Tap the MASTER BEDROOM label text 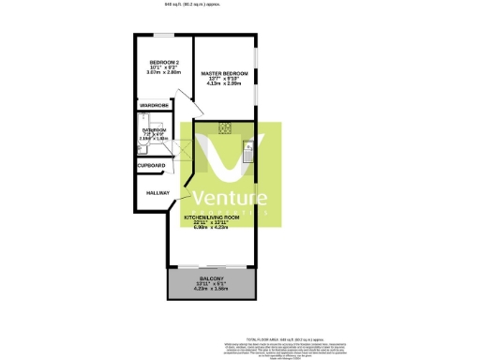tap(225, 72)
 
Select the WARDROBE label tap(155, 106)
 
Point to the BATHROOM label tap(154, 130)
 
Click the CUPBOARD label tap(152, 165)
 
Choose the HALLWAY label tap(157, 194)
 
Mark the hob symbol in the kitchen tap(226, 128)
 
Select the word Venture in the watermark tap(230, 198)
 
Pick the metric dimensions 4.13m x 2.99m tap(225, 83)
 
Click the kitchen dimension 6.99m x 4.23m tap(217, 227)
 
